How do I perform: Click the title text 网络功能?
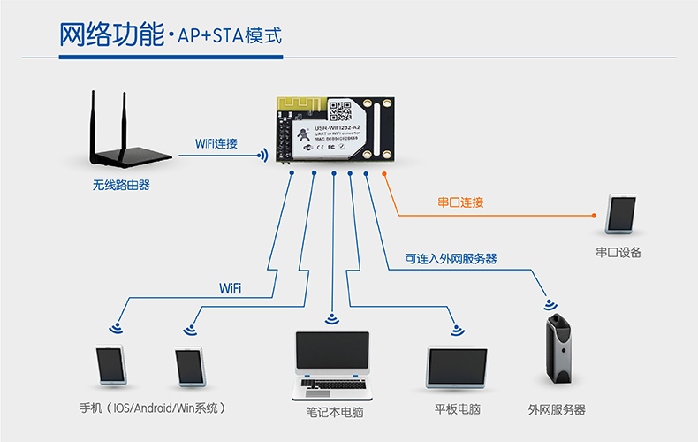click(x=110, y=36)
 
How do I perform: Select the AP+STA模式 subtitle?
click(x=229, y=37)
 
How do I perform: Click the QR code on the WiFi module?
click(x=340, y=110)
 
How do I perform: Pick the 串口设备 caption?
click(x=618, y=253)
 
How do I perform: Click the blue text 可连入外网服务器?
click(x=451, y=259)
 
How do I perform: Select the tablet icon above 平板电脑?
click(x=457, y=366)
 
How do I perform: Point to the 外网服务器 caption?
click(x=557, y=409)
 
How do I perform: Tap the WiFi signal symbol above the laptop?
click(x=332, y=319)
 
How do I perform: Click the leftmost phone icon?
click(x=111, y=365)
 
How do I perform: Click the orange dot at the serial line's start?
click(x=384, y=174)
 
